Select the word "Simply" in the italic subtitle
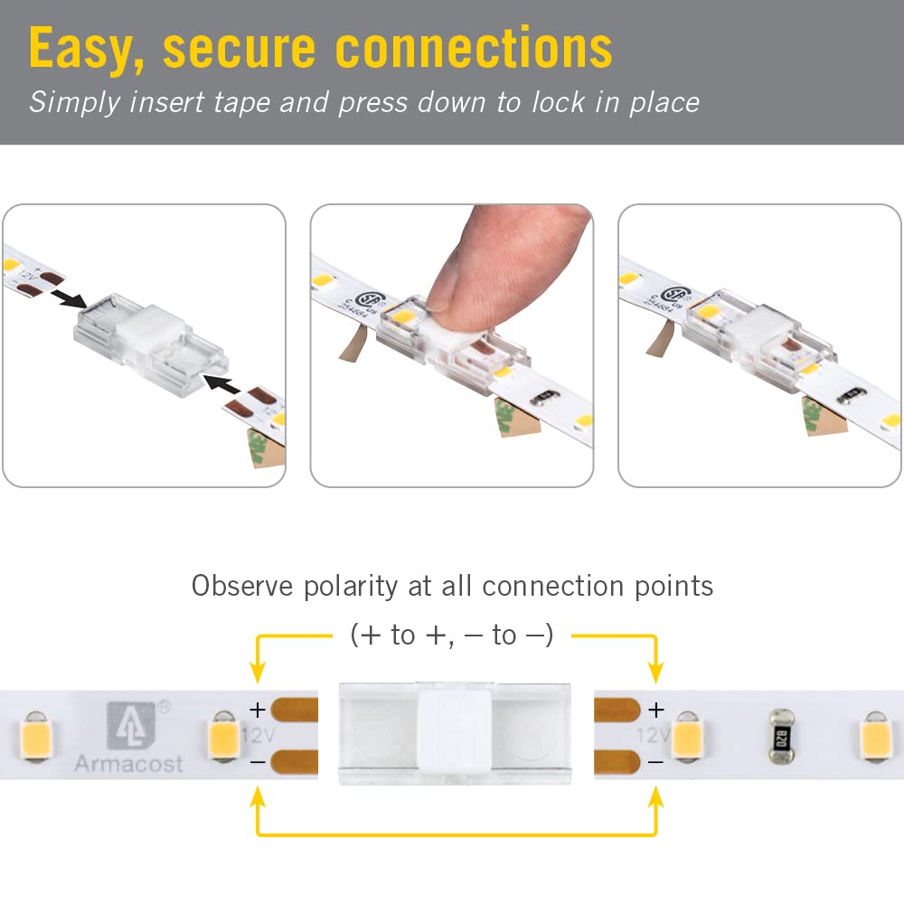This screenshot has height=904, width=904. [x=73, y=102]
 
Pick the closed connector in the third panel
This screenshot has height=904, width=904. [x=741, y=334]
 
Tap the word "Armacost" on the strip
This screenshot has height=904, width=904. [x=128, y=764]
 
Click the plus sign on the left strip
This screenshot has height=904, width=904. [x=258, y=711]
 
